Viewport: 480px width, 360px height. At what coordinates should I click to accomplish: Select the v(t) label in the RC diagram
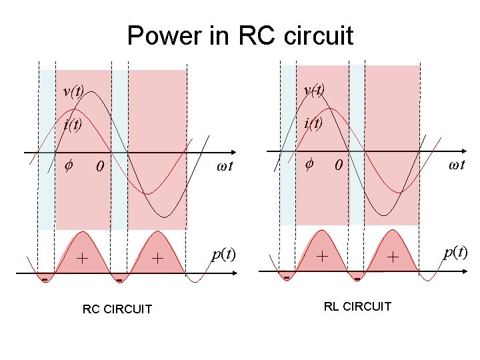point(73,91)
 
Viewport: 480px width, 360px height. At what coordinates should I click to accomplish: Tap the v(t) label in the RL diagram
point(314,90)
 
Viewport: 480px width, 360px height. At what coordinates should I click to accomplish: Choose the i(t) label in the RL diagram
point(313,123)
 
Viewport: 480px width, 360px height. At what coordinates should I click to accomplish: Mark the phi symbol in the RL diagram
point(309,163)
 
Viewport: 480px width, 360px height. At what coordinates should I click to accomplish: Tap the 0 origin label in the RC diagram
point(99,166)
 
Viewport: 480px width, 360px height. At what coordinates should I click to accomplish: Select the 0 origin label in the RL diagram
point(339,165)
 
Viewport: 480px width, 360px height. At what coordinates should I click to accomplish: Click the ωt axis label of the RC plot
point(225,166)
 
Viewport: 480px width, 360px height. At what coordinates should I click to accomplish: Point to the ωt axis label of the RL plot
point(457,165)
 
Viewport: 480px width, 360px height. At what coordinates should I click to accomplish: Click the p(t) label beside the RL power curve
point(455,252)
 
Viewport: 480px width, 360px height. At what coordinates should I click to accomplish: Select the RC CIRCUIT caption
point(117,309)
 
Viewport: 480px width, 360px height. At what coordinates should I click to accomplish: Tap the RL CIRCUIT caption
point(357,306)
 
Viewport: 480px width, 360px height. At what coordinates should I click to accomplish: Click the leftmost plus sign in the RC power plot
point(82,257)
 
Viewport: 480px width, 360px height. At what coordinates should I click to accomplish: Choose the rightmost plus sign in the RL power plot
point(394,256)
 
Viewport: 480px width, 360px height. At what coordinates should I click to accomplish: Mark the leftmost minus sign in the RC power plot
point(45,280)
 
